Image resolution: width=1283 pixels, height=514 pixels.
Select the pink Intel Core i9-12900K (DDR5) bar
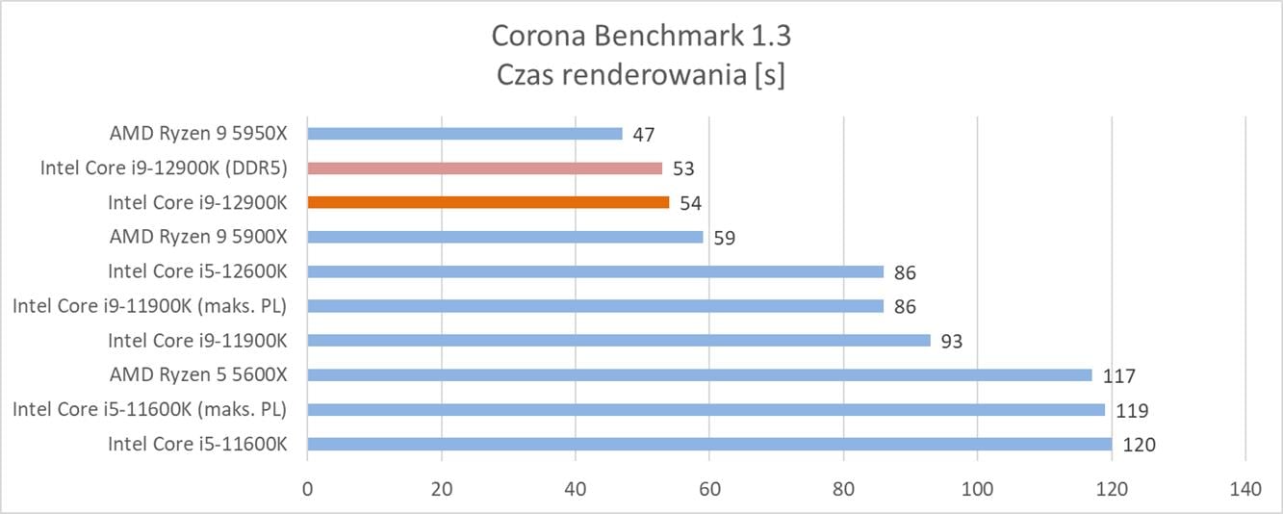(484, 167)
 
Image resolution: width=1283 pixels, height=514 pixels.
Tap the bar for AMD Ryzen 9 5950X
(464, 134)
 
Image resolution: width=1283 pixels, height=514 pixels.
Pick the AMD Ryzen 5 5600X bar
(699, 375)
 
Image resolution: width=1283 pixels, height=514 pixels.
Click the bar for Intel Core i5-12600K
(595, 271)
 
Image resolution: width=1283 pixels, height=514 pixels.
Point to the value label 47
(644, 135)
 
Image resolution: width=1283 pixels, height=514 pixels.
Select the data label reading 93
(952, 341)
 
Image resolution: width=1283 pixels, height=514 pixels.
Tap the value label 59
(725, 238)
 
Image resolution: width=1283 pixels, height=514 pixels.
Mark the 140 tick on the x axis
(1245, 490)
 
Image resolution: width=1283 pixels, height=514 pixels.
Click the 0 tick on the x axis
(307, 490)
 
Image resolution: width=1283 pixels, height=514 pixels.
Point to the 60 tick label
(709, 490)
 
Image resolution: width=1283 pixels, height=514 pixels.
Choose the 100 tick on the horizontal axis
(977, 490)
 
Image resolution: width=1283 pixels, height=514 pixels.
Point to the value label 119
(1132, 411)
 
